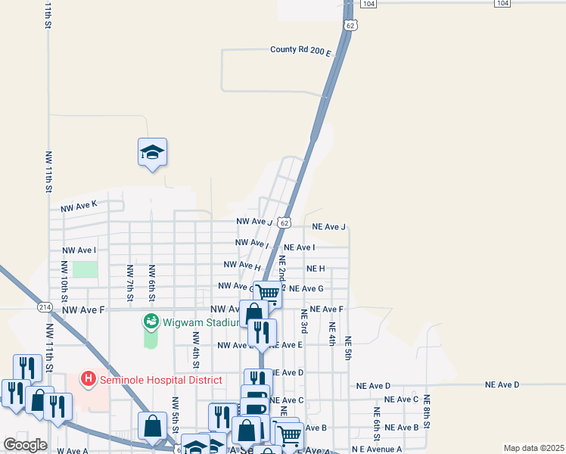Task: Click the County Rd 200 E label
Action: click(300, 51)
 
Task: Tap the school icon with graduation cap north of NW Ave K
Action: click(152, 153)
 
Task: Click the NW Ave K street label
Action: click(79, 205)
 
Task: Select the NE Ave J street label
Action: click(328, 227)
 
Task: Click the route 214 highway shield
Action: click(44, 306)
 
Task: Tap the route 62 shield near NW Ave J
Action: click(283, 222)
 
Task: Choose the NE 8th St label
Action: click(427, 409)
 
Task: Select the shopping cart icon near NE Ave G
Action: click(268, 294)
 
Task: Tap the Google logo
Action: click(26, 444)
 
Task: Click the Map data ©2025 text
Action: click(533, 448)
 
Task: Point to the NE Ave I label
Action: click(299, 247)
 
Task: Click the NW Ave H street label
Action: click(242, 266)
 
